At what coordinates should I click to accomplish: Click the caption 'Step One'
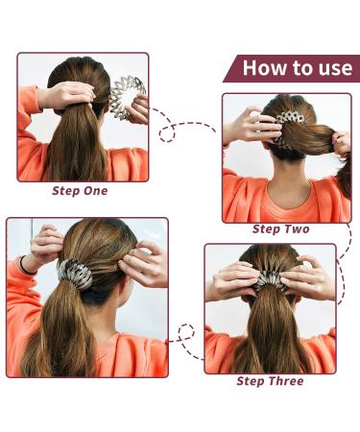[x=80, y=190]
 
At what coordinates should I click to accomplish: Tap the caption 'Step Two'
[x=279, y=229]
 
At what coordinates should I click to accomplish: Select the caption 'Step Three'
[x=270, y=381]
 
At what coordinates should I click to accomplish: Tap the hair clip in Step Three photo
[x=269, y=279]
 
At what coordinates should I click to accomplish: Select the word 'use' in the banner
[x=337, y=68]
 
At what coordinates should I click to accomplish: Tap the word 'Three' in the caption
[x=285, y=381]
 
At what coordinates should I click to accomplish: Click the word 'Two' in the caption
[x=294, y=229]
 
